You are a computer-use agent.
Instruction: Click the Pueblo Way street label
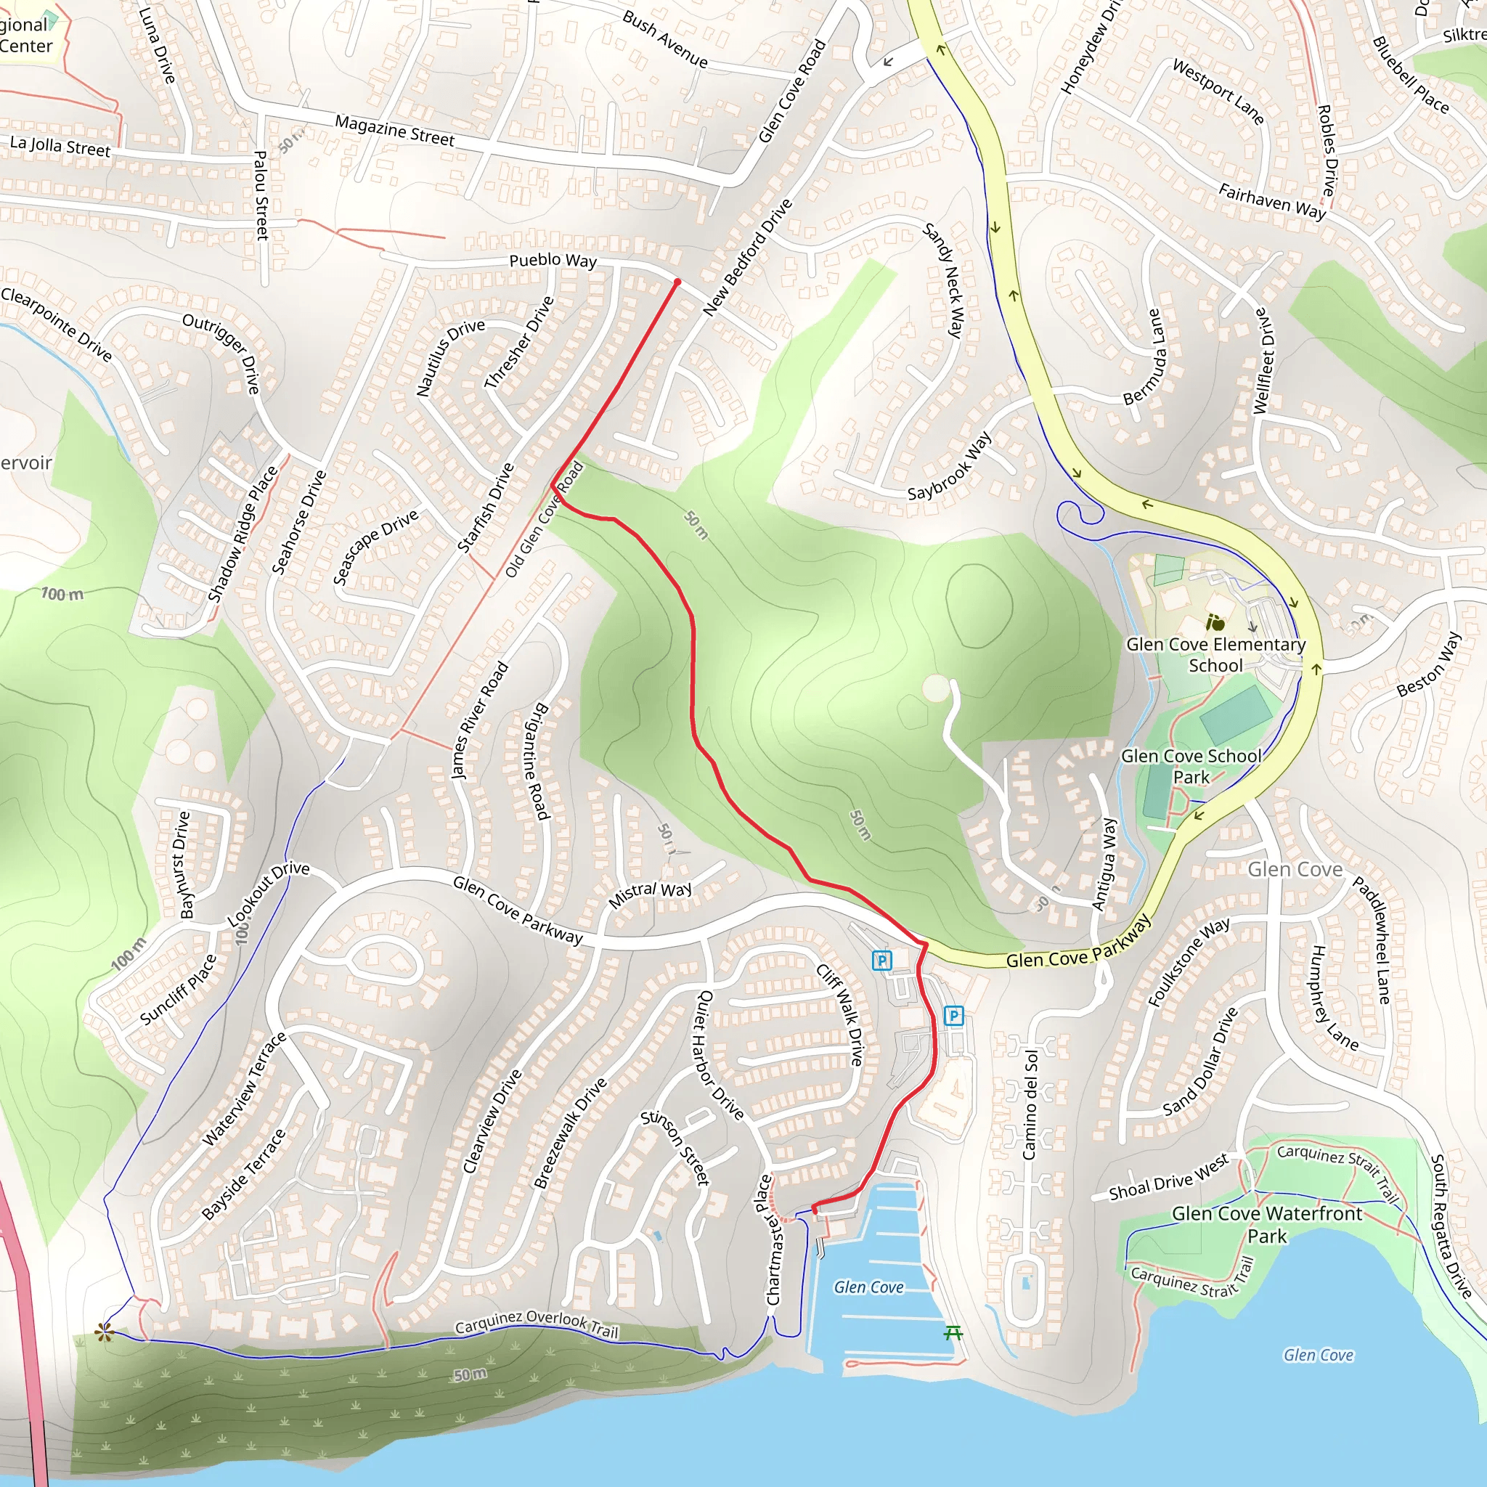[553, 260]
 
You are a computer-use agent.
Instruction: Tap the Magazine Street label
[394, 131]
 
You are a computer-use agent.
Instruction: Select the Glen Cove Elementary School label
[1215, 654]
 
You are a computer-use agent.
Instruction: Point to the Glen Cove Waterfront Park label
[1267, 1225]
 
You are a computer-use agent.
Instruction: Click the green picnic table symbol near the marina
[953, 1332]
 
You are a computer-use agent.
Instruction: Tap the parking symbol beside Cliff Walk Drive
[882, 960]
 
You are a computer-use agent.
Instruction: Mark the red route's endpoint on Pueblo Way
[677, 282]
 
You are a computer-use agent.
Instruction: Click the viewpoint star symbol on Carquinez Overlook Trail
[105, 1332]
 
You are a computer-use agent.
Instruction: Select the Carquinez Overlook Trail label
[537, 1324]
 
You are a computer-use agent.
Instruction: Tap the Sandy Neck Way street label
[944, 281]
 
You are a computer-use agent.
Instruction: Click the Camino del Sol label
[1030, 1105]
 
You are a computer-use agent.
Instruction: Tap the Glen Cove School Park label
[1191, 766]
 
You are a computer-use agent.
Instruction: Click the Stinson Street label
[675, 1148]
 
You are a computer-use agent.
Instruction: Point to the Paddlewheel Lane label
[1372, 940]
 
